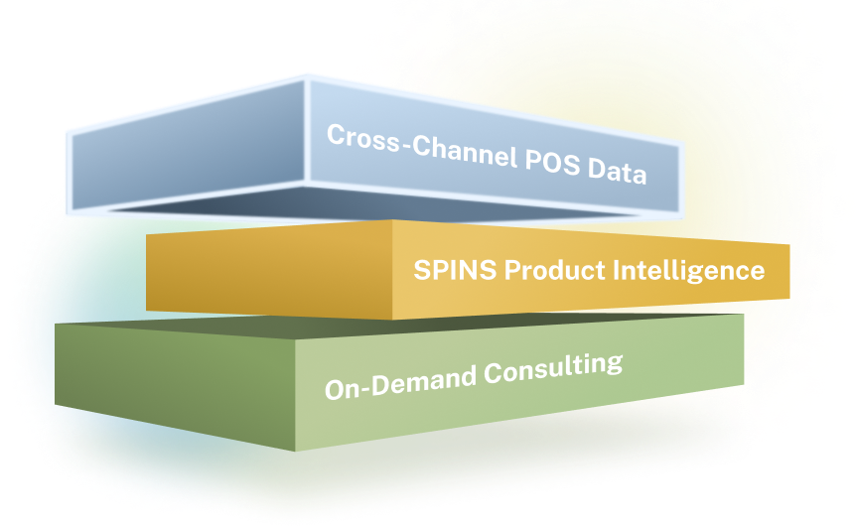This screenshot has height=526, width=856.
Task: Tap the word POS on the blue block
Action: [x=552, y=162]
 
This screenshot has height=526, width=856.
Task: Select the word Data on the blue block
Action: [x=618, y=171]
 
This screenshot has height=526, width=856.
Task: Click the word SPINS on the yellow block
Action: [x=455, y=270]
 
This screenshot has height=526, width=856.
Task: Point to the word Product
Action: [x=555, y=270]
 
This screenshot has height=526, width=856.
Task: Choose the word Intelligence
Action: [x=689, y=271]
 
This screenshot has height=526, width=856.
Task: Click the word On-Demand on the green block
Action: [x=401, y=381]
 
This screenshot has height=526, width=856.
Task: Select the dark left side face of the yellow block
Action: [x=269, y=268]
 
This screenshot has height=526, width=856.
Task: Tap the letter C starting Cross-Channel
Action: [x=337, y=134]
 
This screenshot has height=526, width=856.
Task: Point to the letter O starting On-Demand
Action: [x=336, y=390]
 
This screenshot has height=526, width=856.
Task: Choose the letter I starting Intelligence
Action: [x=617, y=269]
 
